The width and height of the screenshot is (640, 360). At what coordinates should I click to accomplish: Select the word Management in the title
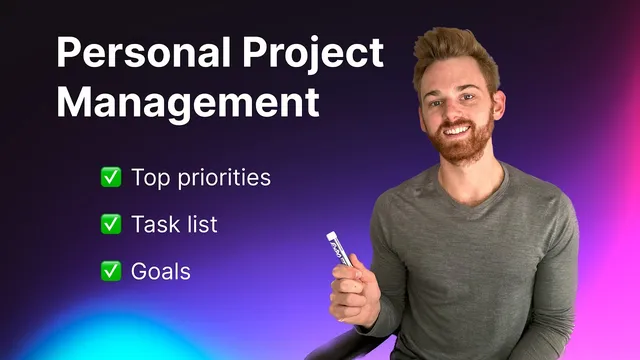188,102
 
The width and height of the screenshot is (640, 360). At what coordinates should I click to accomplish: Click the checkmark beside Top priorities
111,178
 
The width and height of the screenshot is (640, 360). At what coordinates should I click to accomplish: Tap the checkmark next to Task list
111,224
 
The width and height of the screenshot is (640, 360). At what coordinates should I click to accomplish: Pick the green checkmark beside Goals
111,270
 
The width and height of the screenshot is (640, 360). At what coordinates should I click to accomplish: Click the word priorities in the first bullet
223,179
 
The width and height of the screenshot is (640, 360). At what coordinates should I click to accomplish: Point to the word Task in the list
153,224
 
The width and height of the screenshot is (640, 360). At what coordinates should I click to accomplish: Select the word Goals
160,270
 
